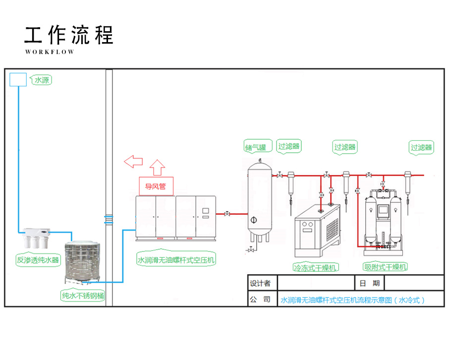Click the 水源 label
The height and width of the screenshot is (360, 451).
[x=42, y=79]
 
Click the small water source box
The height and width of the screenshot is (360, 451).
[x=18, y=79]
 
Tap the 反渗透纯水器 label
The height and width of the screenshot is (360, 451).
[x=38, y=259]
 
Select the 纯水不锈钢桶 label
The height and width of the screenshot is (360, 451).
[x=82, y=296]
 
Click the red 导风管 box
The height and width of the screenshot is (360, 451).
[x=156, y=187]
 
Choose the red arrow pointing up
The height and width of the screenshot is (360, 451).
[x=158, y=168]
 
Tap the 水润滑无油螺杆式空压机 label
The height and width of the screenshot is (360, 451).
[x=176, y=259]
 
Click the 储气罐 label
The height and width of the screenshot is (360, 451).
[x=256, y=147]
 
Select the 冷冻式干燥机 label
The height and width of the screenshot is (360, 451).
[x=316, y=267]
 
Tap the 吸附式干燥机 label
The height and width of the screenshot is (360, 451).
[x=386, y=267]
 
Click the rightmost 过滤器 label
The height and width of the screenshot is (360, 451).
[x=421, y=147]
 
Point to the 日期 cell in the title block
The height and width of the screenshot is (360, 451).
[x=369, y=284]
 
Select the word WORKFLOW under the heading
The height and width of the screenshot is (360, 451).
[x=49, y=52]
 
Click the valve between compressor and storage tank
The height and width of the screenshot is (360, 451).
[x=227, y=214]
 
